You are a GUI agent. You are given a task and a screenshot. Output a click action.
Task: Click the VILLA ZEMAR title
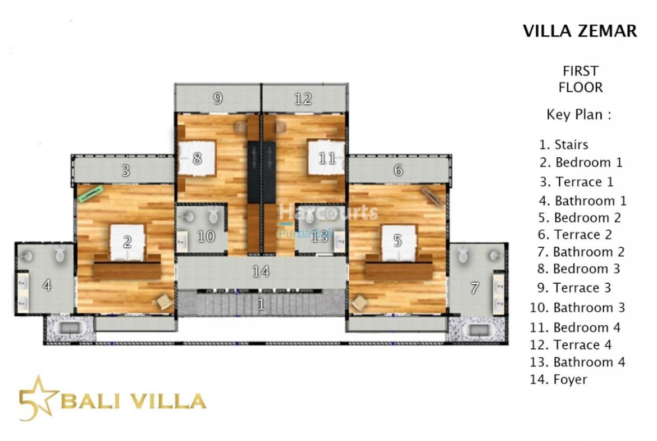click(580, 31)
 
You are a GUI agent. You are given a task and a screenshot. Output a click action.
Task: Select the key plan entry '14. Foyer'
click(559, 379)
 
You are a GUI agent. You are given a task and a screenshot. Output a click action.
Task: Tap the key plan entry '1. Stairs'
click(564, 144)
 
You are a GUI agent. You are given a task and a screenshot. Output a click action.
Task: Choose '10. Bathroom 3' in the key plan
click(577, 308)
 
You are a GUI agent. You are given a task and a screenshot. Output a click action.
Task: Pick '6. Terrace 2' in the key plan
click(575, 235)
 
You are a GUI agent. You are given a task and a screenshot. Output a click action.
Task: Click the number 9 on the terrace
click(218, 98)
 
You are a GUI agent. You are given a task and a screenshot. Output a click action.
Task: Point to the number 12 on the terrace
click(303, 99)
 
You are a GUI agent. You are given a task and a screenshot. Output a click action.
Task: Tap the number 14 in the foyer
click(261, 272)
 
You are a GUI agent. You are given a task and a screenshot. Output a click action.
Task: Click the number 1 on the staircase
click(261, 304)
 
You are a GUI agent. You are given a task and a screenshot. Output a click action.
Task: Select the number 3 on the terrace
click(126, 171)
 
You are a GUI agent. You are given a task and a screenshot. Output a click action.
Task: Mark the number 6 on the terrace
click(399, 170)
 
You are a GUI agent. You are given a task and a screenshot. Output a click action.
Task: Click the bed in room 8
click(197, 158)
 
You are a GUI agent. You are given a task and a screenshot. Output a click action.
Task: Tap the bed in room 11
click(326, 158)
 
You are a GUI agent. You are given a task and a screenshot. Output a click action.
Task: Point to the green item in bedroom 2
click(90, 194)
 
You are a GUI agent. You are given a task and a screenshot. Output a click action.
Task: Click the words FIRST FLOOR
click(580, 79)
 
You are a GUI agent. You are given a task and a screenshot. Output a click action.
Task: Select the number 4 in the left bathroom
click(47, 285)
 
